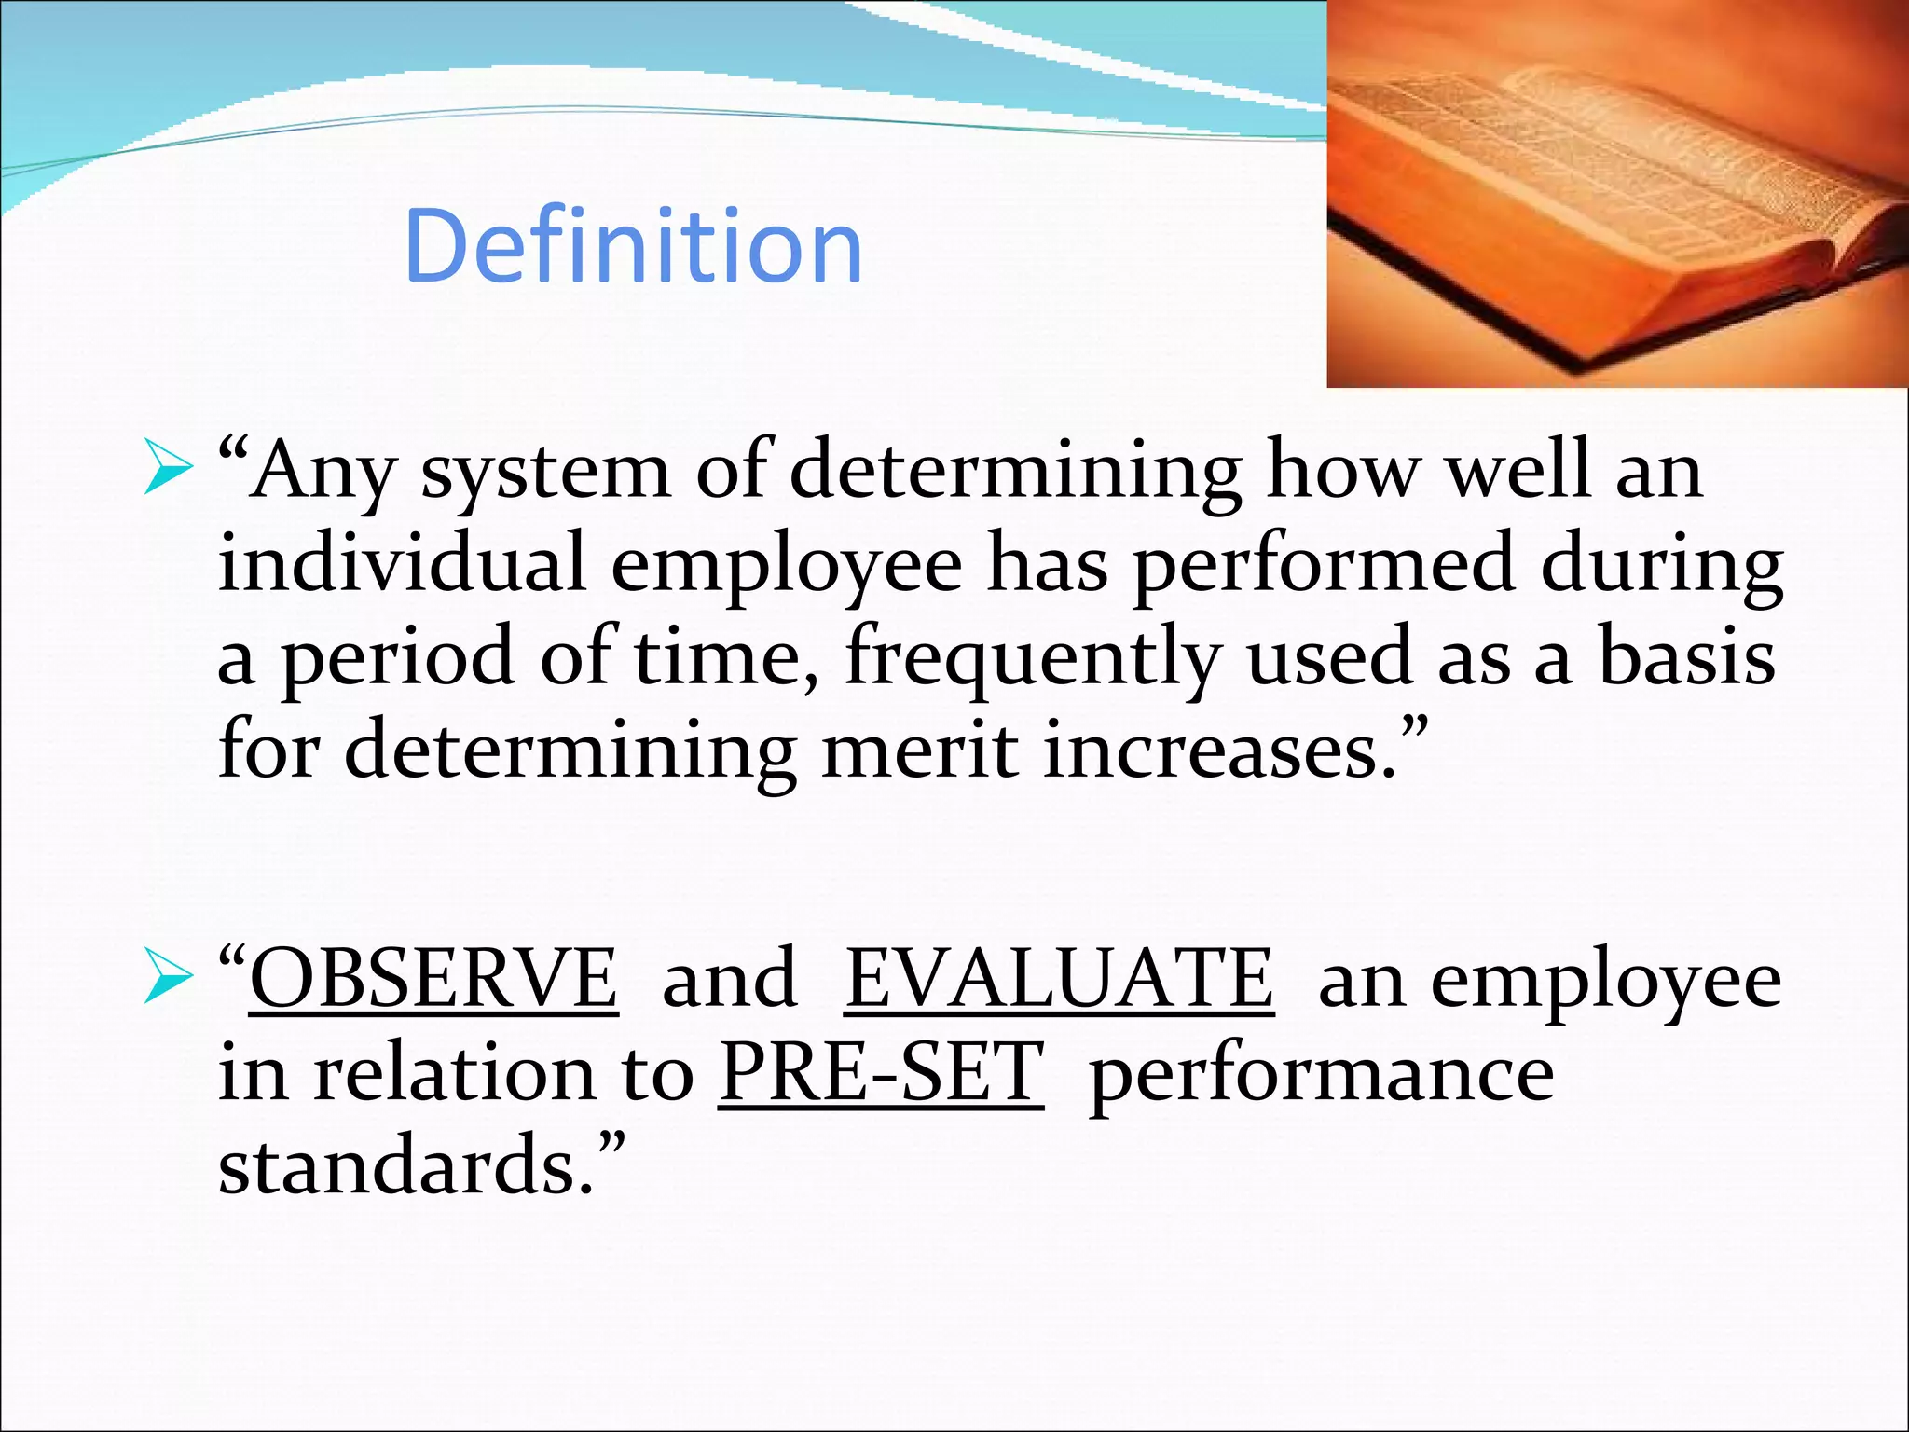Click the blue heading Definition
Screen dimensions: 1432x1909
click(633, 246)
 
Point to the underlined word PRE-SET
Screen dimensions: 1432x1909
click(881, 1072)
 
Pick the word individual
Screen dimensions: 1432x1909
click(402, 563)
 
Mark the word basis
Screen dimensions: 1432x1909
click(1687, 656)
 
